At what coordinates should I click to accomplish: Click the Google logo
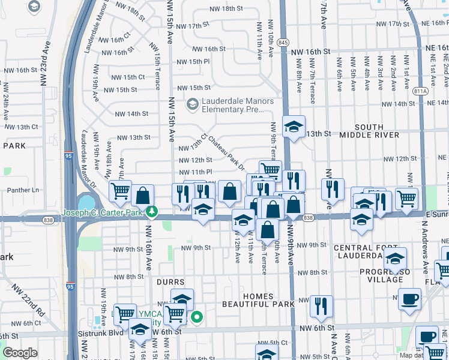tap(20, 353)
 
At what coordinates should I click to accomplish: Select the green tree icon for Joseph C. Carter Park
tap(153, 212)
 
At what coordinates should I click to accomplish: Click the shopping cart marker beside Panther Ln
tap(120, 191)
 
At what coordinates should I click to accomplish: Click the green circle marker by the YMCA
tap(196, 317)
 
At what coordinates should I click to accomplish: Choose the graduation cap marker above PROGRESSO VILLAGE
tap(395, 258)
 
